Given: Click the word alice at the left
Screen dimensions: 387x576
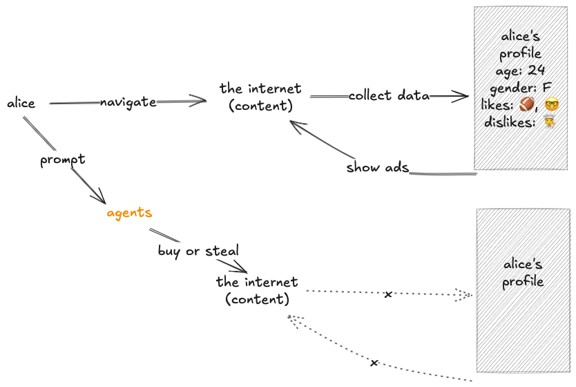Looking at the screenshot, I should pos(21,103).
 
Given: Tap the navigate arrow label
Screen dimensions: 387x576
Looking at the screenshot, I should pos(128,102).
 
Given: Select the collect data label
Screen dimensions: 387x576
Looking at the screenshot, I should pos(389,95).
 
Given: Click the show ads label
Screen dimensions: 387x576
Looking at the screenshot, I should pos(378,167).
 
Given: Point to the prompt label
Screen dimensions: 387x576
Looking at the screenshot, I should pos(63,160).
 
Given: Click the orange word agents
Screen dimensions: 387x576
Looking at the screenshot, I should pos(129,212).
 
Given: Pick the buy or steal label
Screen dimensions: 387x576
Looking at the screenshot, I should pos(198,251).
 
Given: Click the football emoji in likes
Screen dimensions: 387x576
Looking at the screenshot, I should pos(527,105).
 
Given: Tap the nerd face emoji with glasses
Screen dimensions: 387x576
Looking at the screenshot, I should pos(551,105).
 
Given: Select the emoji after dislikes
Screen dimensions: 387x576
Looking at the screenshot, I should pos(550,123).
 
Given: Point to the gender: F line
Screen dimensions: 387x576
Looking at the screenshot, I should pos(520,88).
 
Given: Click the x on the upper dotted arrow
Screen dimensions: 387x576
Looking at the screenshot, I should pos(388,294).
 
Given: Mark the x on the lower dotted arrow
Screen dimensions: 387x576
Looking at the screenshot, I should pos(374,363).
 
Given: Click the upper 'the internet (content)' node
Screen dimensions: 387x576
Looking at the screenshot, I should pos(260,97).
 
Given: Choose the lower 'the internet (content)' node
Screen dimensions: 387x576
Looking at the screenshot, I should pos(257,290).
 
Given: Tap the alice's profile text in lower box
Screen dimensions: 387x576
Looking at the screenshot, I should pos(523,273).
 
